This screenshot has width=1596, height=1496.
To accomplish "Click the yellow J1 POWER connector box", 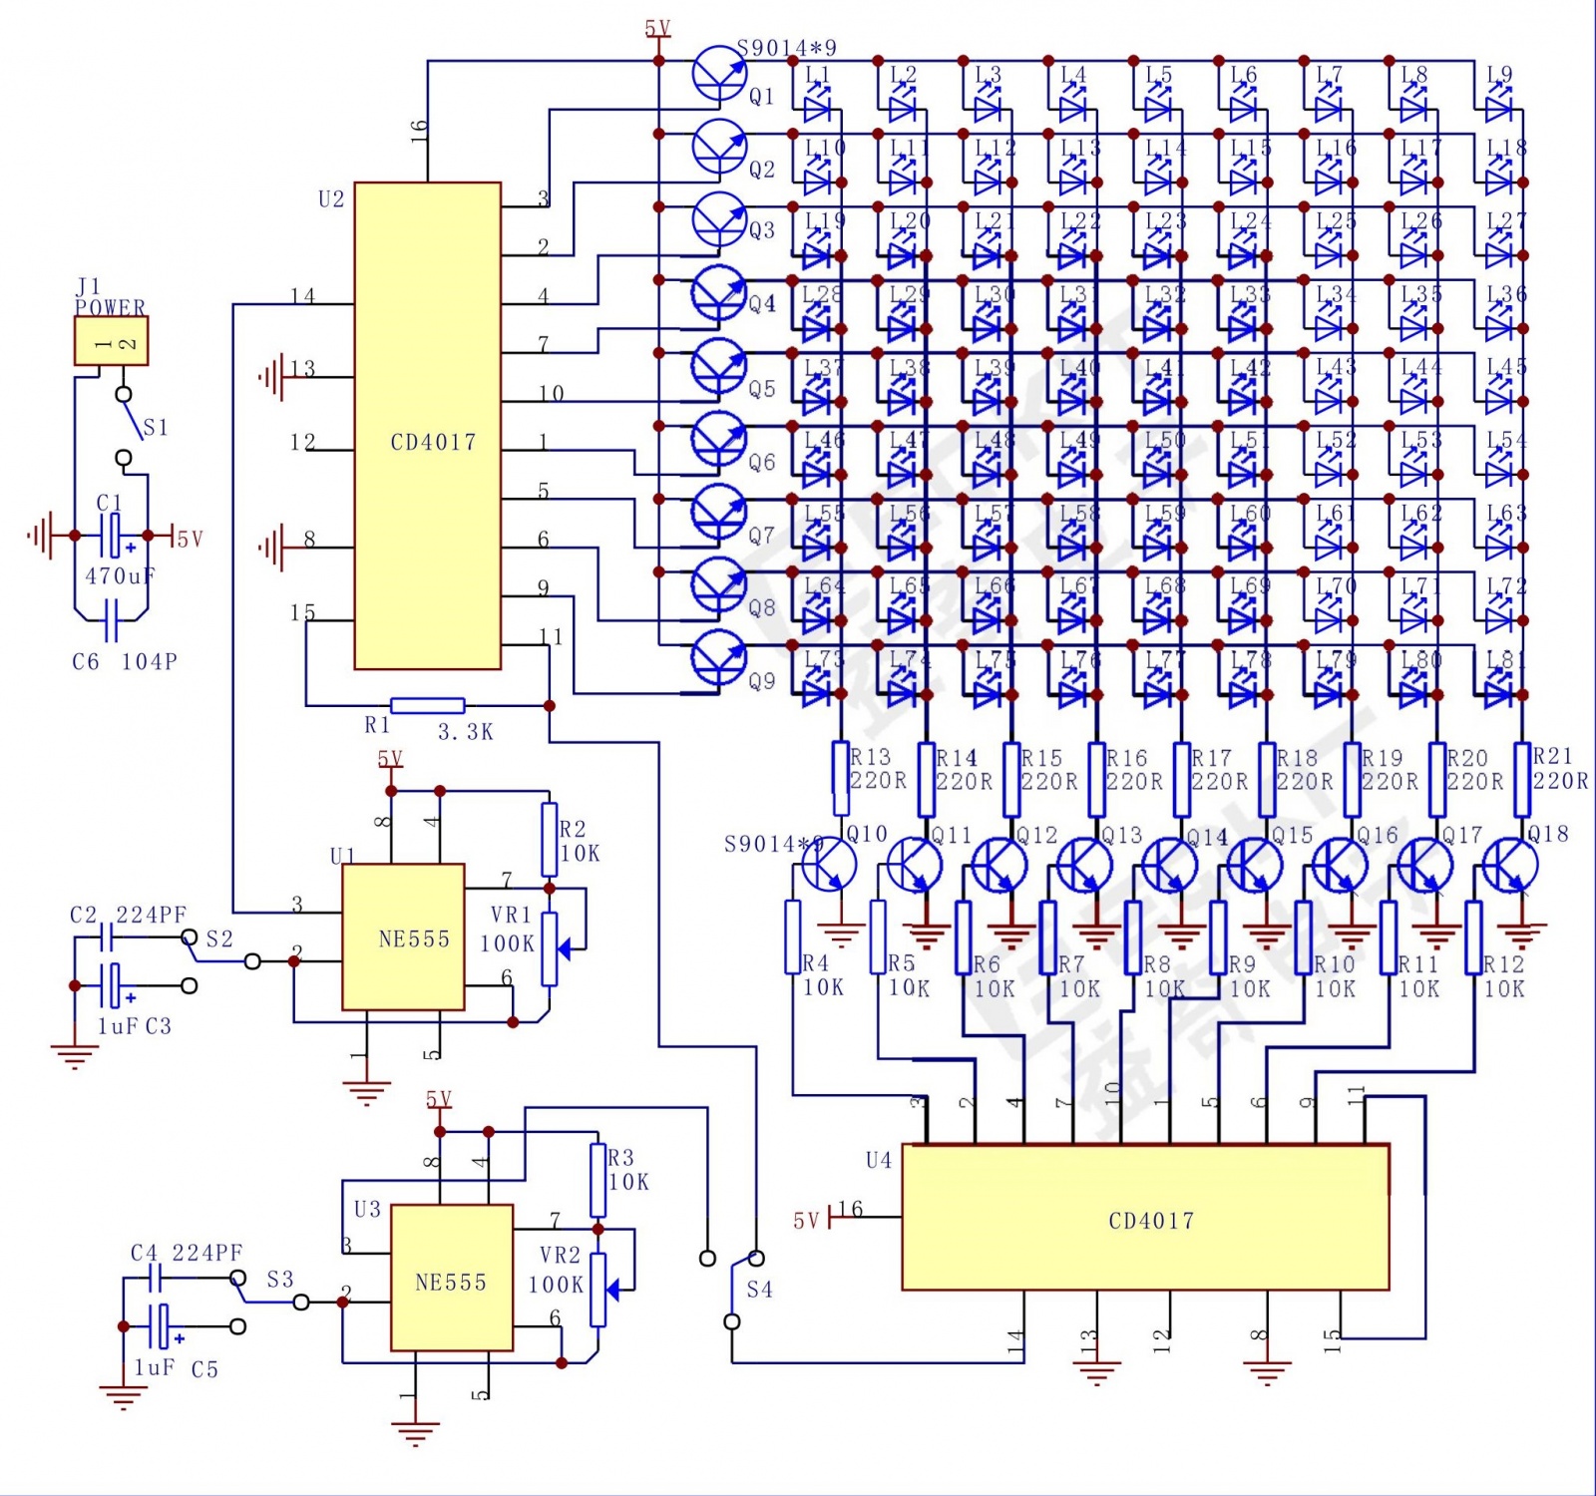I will pyautogui.click(x=111, y=341).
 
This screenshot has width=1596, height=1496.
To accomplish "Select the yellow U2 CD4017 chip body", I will pyautogui.click(x=427, y=426).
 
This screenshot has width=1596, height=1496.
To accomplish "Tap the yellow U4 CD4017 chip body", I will pyautogui.click(x=1145, y=1218).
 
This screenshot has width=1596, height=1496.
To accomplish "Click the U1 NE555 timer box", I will pyautogui.click(x=403, y=937).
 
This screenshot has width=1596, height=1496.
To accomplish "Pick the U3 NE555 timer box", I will pyautogui.click(x=451, y=1278).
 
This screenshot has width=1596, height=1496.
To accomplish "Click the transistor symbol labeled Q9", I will pyautogui.click(x=719, y=658).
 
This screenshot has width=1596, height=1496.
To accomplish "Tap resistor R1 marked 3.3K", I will pyautogui.click(x=427, y=706).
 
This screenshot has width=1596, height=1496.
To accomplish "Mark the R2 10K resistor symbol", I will pyautogui.click(x=549, y=840).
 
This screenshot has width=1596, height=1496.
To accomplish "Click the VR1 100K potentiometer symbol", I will pyautogui.click(x=549, y=948).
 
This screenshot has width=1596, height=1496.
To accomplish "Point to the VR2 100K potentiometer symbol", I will pyautogui.click(x=598, y=1290).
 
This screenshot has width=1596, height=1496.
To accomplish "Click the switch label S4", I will pyautogui.click(x=760, y=1290).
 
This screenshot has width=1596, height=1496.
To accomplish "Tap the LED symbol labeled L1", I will pyautogui.click(x=818, y=104).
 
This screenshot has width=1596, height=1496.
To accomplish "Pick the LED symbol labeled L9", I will pyautogui.click(x=1499, y=104).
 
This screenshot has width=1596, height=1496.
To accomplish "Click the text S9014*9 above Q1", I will pyautogui.click(x=787, y=48).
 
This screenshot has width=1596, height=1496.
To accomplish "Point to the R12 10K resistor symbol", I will pyautogui.click(x=1473, y=937).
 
